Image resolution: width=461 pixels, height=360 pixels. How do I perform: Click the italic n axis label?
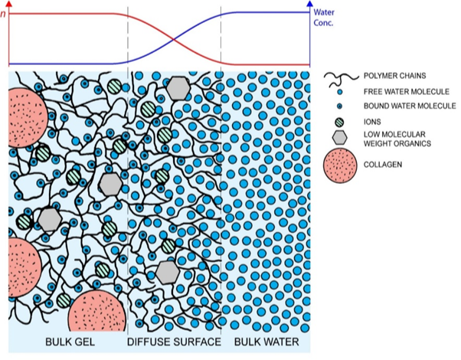[5, 11]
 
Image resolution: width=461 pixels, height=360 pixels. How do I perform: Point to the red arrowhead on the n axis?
[8, 5]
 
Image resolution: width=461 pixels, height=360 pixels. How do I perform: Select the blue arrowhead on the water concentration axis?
[310, 5]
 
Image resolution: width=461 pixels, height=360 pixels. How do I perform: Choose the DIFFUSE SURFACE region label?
[173, 342]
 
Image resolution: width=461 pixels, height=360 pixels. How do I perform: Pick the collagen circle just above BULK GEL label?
[96, 312]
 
